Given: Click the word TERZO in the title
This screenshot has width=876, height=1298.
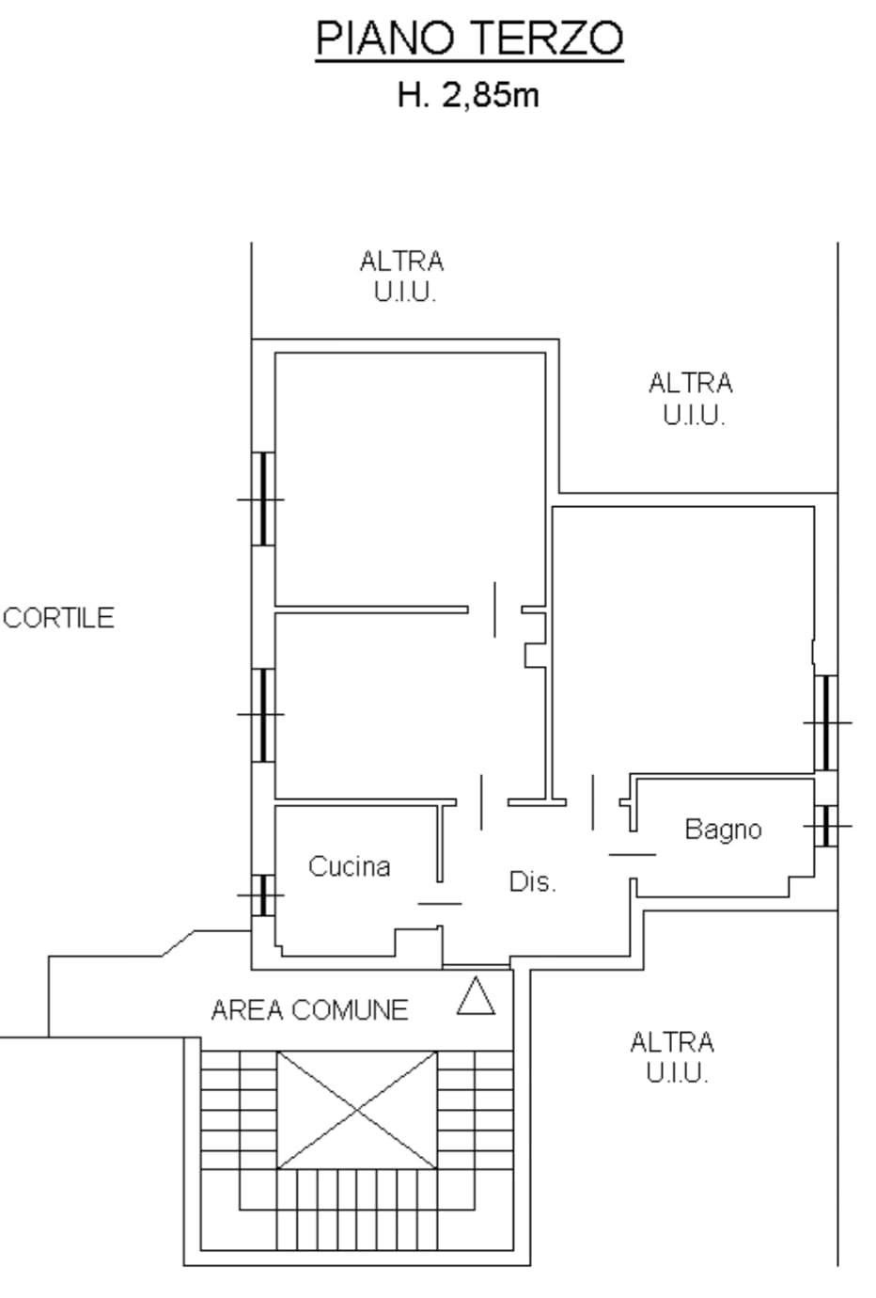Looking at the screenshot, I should tap(546, 40).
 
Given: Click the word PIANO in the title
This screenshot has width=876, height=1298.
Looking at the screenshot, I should tap(385, 40).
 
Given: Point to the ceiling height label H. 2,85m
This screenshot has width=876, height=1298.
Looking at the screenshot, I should tap(468, 95).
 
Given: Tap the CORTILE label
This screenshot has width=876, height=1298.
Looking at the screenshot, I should tap(58, 618).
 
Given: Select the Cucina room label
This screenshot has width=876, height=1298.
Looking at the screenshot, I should tap(349, 866).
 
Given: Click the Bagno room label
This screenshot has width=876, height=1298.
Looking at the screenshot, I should tap(722, 830).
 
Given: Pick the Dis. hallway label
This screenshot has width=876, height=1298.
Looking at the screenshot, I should tap(532, 882).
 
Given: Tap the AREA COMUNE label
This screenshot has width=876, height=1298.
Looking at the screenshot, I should tap(309, 1010).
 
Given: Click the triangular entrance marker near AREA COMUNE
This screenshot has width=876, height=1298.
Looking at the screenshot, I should tap(476, 998).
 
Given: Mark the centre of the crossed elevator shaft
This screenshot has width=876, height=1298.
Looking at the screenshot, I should tap(357, 1110).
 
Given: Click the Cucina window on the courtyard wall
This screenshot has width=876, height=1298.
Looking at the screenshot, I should tap(263, 895).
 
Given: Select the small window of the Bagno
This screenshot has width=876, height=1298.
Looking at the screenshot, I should tap(825, 826).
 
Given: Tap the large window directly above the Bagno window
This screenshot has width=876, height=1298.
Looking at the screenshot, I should tap(825, 722).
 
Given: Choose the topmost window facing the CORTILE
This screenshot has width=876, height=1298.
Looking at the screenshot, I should tap(262, 499).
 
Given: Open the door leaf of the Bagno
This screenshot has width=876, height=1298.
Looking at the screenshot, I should tap(632, 854).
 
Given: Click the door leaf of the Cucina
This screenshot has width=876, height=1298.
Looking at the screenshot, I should tap(440, 903).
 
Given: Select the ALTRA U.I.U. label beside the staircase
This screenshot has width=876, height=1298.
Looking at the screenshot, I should tap(671, 1056).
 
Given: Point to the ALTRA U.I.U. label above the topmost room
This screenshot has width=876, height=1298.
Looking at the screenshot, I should tap(401, 276).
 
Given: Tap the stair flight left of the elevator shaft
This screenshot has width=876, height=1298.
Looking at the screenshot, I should tap(239, 1110).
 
